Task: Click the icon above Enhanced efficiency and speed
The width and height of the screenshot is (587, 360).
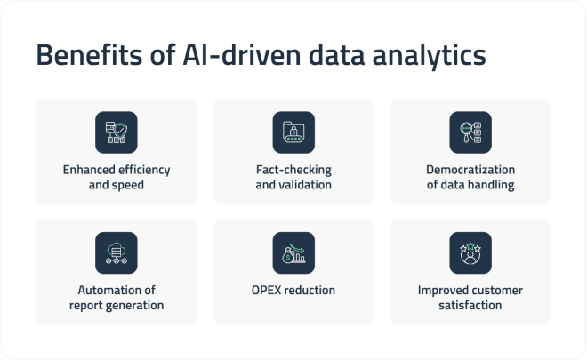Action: point(117,132)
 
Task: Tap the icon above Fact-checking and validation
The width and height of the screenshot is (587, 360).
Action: point(293,132)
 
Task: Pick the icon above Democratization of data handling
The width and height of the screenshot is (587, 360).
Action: point(470,132)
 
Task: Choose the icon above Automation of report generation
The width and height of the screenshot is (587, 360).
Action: point(117,252)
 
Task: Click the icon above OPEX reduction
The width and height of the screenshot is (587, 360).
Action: point(293,252)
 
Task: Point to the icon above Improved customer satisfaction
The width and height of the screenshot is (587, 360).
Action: point(470,252)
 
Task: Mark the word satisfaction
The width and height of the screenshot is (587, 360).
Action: point(470,305)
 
